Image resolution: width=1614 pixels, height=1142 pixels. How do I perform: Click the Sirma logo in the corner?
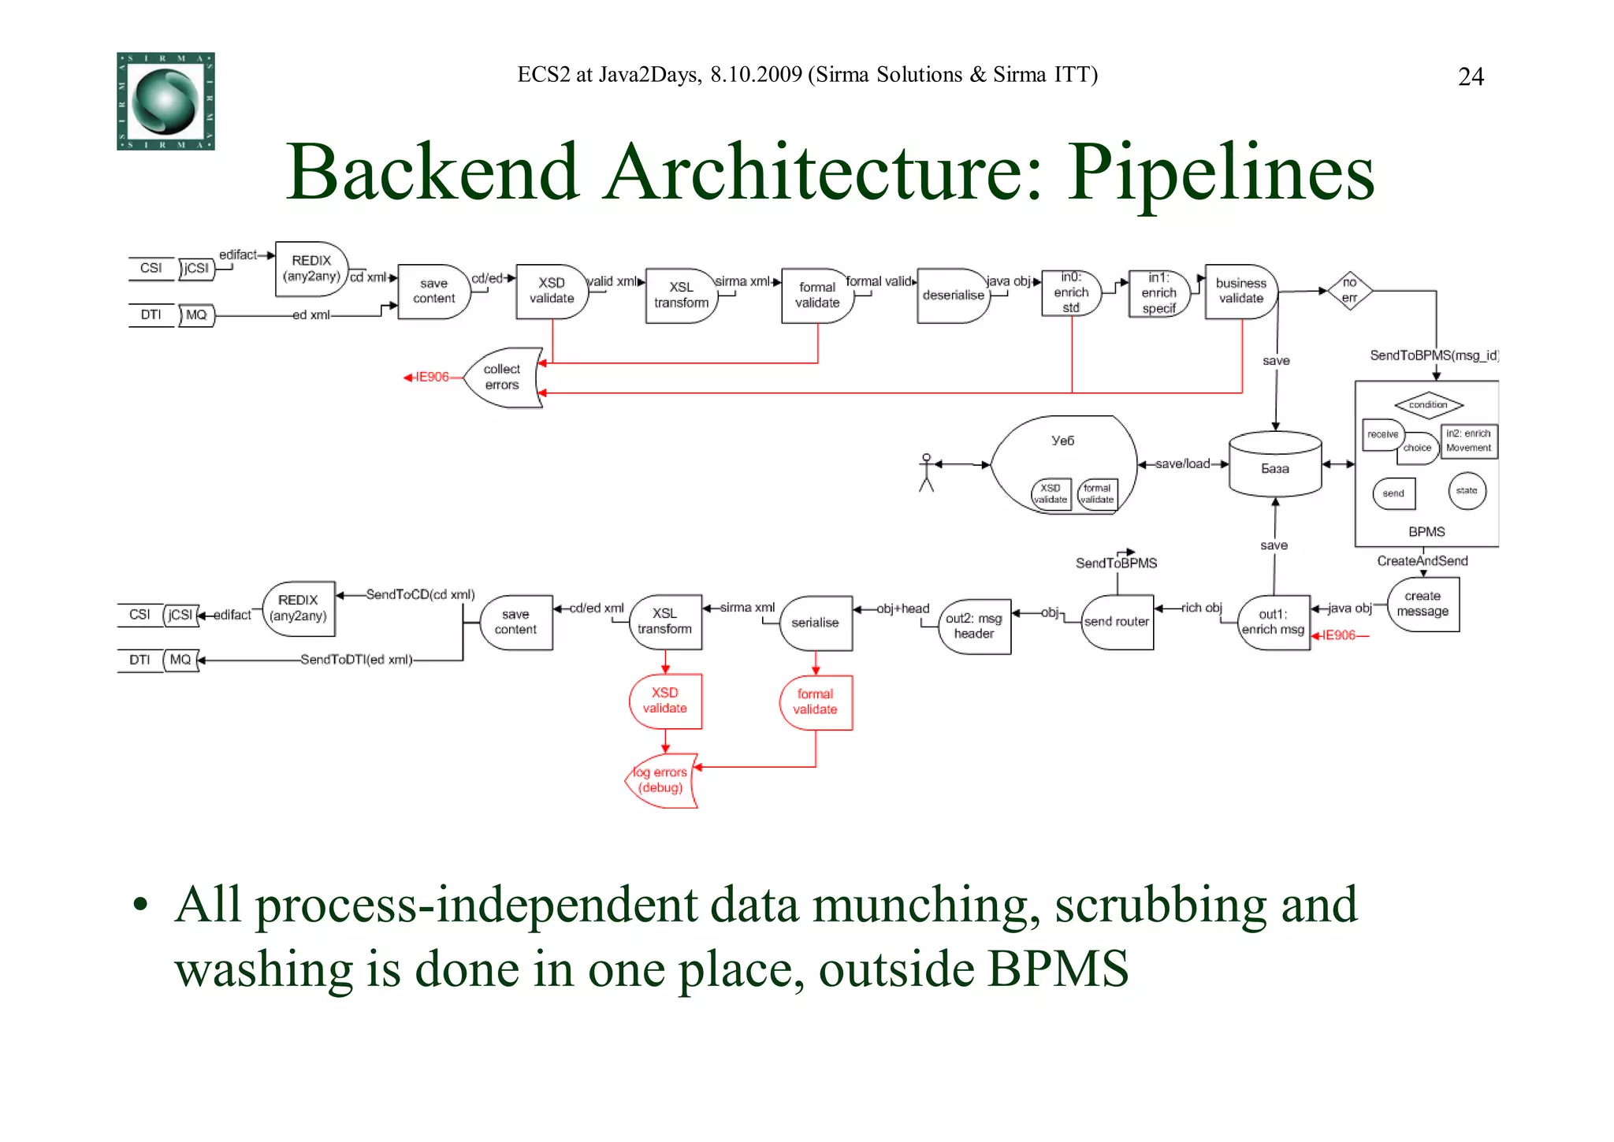click(x=165, y=101)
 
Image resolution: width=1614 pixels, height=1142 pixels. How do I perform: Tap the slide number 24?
click(x=1471, y=76)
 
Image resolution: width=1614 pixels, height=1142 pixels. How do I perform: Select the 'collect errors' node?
click(x=502, y=378)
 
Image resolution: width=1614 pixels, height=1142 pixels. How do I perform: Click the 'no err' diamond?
click(x=1349, y=291)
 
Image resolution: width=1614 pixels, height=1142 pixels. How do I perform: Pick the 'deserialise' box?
click(x=953, y=296)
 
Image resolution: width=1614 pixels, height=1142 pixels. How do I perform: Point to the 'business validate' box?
click(x=1240, y=291)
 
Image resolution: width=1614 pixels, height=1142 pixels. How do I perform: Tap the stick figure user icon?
click(x=927, y=472)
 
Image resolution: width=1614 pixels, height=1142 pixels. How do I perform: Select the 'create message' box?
click(x=1422, y=604)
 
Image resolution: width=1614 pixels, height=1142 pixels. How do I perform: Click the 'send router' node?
click(x=1117, y=622)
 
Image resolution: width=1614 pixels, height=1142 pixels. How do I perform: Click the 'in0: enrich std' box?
click(x=1071, y=292)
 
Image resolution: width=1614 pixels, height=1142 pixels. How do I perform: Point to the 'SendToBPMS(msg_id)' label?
click(x=1433, y=355)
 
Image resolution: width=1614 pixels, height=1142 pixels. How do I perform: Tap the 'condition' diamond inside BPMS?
click(x=1428, y=405)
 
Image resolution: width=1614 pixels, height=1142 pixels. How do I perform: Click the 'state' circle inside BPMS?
click(x=1467, y=491)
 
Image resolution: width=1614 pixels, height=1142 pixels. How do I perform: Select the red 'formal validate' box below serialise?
click(x=815, y=701)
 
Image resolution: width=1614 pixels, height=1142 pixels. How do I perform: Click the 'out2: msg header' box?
click(x=974, y=626)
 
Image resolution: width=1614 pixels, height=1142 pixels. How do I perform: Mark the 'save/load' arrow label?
click(x=1182, y=463)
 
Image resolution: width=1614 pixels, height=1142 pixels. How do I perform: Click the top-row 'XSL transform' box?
click(x=681, y=296)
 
